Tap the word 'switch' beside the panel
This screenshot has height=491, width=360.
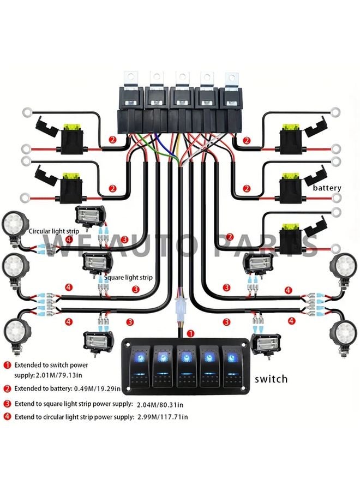point(271,379)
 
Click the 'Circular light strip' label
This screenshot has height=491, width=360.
point(55,231)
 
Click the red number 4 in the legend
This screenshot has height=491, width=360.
point(7,417)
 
